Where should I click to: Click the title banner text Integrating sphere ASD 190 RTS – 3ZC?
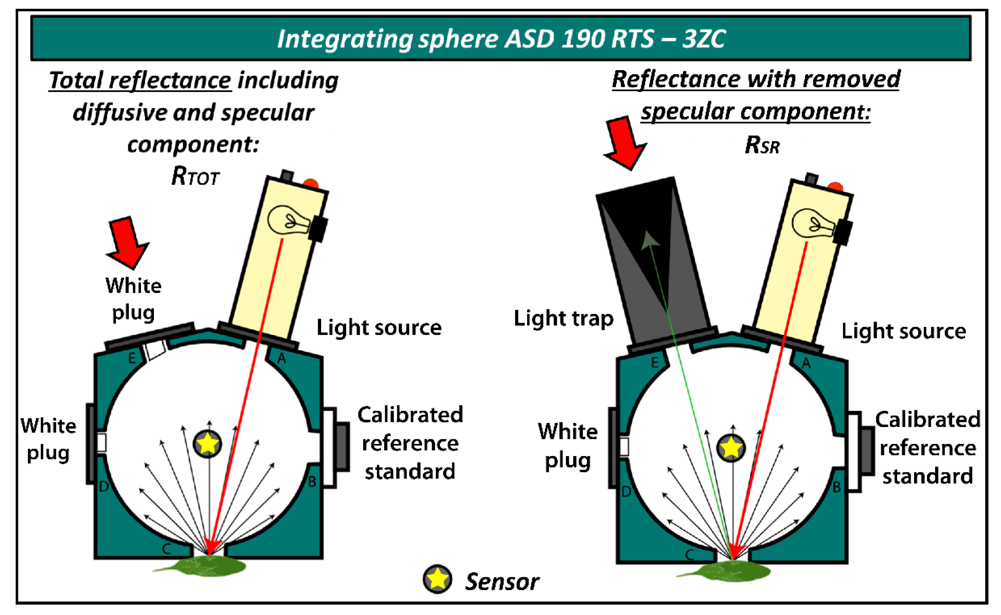[501, 39]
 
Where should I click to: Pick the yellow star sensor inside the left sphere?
[207, 443]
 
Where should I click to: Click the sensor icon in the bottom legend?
[437, 579]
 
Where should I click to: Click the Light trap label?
[563, 318]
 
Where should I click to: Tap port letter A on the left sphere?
[281, 359]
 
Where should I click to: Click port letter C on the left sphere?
[166, 549]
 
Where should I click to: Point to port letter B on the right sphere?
[836, 487]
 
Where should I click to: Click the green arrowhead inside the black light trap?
[650, 240]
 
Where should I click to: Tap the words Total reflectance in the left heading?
[140, 80]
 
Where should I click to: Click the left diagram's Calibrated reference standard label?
[410, 443]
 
